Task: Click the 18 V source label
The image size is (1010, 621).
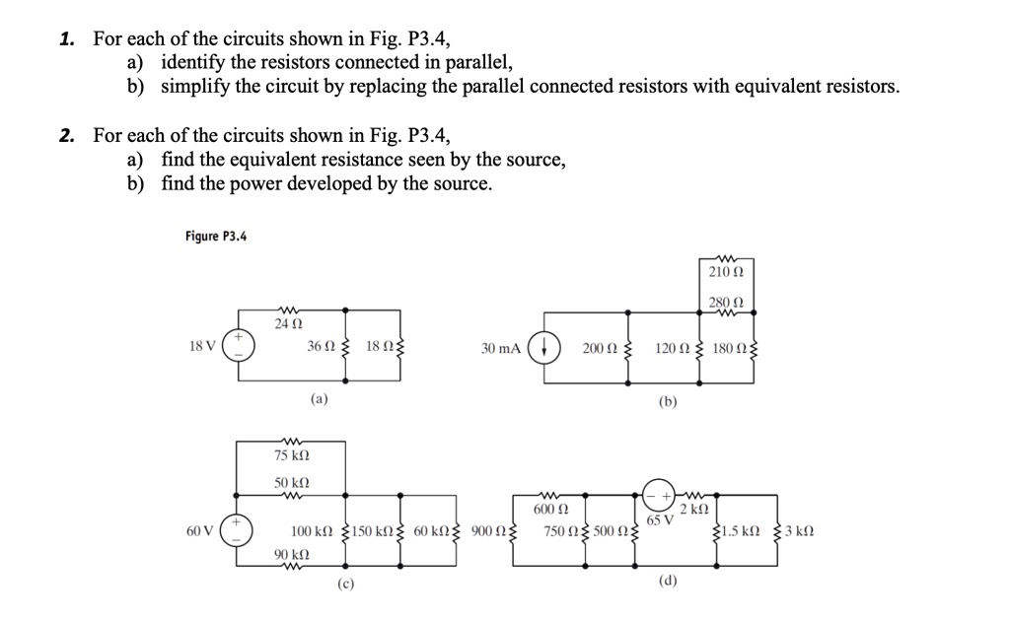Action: coord(201,347)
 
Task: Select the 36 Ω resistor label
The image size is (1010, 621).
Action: coord(320,347)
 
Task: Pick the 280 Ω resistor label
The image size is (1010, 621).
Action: coord(725,302)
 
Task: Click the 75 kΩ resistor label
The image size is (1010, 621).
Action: coord(291,456)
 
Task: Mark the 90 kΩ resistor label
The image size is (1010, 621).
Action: coord(289,555)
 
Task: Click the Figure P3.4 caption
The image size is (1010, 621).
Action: coord(215,236)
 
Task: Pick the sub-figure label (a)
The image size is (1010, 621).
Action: coord(319,400)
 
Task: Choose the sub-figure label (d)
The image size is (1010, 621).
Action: coord(668,582)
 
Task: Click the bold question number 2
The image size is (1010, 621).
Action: coord(66,136)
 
